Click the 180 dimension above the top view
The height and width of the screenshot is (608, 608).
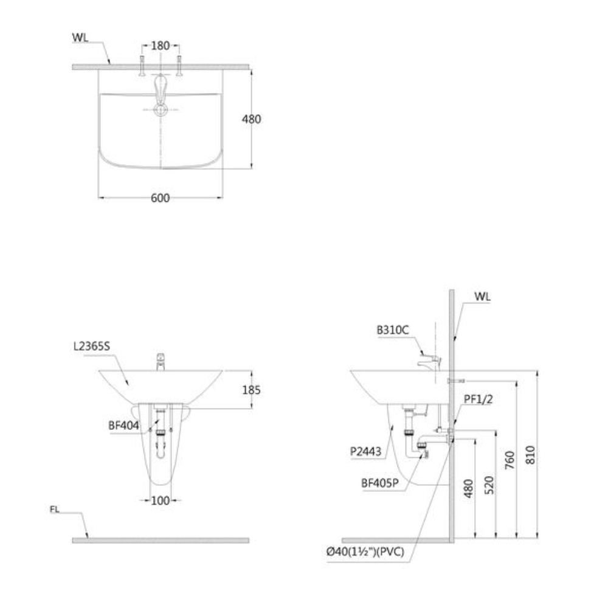161,46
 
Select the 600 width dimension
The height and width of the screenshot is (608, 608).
161,198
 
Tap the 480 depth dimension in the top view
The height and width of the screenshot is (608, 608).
252,119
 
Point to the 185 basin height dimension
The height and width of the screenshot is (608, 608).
252,390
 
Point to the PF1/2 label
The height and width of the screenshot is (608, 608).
478,399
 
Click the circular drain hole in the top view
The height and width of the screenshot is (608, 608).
161,109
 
